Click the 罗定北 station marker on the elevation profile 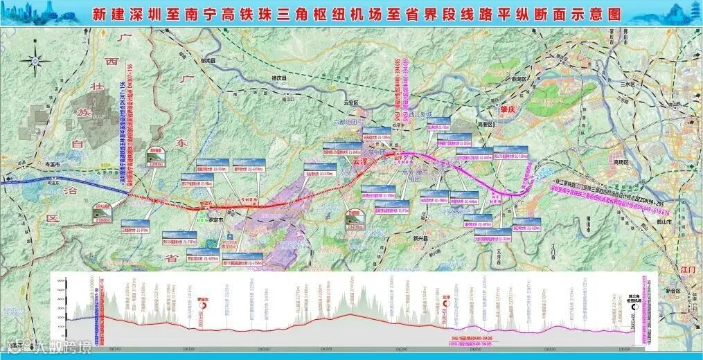(x=202, y=294)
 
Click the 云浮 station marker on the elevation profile (x=437, y=293)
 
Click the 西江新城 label (x=420, y=114)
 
